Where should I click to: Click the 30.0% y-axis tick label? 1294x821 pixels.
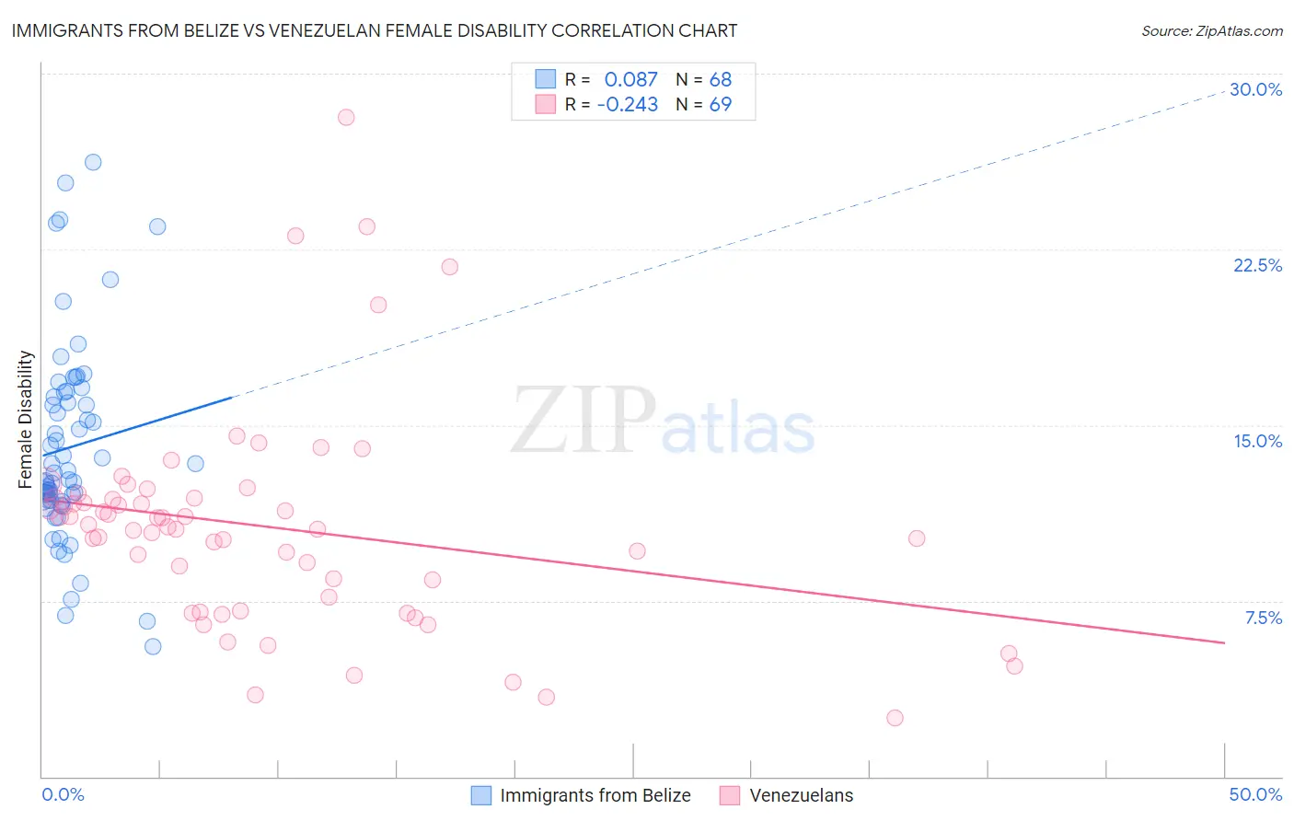point(1255,89)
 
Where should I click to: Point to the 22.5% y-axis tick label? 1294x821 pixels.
point(1257,265)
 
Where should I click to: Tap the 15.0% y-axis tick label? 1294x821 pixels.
point(1257,441)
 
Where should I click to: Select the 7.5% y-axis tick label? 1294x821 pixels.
point(1263,618)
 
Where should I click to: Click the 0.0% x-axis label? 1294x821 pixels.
point(63,794)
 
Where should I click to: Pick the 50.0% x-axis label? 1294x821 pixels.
point(1255,794)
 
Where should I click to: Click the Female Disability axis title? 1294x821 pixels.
point(26,419)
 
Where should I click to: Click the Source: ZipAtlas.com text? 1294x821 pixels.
point(1211,31)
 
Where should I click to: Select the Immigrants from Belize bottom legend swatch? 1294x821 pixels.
point(480,795)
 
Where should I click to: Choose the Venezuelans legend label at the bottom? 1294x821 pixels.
point(801,795)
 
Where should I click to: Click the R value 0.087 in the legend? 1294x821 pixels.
point(630,79)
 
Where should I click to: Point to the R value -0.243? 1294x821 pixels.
point(627,105)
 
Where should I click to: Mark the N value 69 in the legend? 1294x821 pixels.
point(720,105)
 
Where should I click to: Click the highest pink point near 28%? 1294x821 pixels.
point(346,117)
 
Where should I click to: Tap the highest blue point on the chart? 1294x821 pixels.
point(93,162)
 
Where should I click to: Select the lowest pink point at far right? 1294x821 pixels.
point(895,718)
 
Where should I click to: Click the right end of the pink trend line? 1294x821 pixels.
point(1224,642)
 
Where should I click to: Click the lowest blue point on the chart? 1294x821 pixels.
point(153,646)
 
